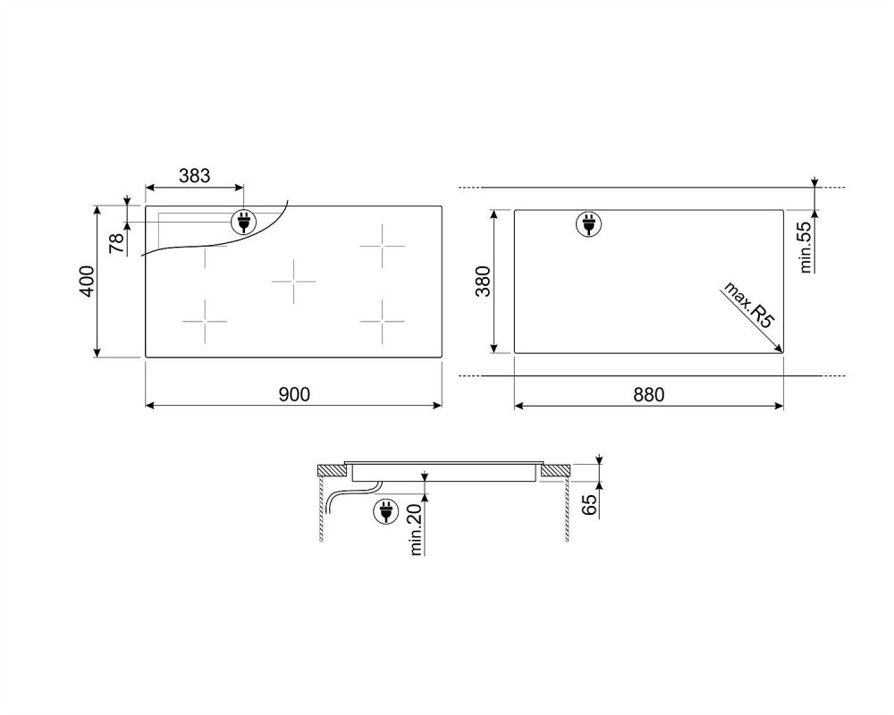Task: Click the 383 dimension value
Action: [194, 175]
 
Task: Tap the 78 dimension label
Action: [116, 243]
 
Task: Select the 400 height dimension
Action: [87, 282]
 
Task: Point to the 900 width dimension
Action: [294, 394]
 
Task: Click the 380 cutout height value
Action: [483, 282]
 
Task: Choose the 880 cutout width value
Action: [649, 394]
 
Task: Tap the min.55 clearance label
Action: [805, 247]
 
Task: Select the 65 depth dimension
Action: [589, 505]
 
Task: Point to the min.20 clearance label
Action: [416, 529]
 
